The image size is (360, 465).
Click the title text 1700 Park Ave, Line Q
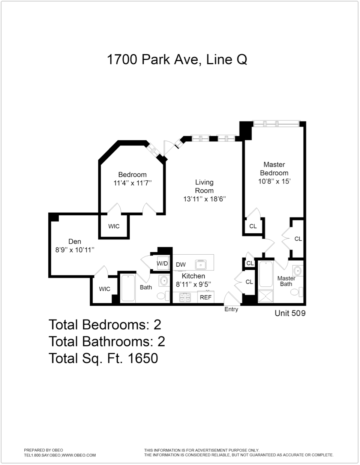pyautogui.click(x=177, y=60)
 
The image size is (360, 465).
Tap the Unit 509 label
pyautogui.click(x=290, y=313)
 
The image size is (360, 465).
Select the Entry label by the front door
pyautogui.click(x=231, y=309)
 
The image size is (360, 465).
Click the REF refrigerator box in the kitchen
pyautogui.click(x=205, y=297)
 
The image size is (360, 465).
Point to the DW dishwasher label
pyautogui.click(x=181, y=264)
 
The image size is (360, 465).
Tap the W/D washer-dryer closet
pyautogui.click(x=162, y=263)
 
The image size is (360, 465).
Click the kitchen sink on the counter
pyautogui.click(x=201, y=264)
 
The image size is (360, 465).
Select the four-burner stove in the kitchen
pyautogui.click(x=184, y=297)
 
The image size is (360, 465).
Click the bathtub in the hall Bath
pyautogui.click(x=128, y=288)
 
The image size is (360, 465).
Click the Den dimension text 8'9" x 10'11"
pyautogui.click(x=75, y=250)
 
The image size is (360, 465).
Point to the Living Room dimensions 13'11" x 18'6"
pyautogui.click(x=204, y=199)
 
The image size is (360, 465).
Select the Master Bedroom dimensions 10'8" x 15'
pyautogui.click(x=274, y=181)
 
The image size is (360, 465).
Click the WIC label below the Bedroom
pyautogui.click(x=114, y=226)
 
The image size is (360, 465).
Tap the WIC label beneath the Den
pyautogui.click(x=105, y=289)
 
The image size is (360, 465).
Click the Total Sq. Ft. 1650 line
pyautogui.click(x=103, y=358)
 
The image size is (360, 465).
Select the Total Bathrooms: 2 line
pyautogui.click(x=107, y=341)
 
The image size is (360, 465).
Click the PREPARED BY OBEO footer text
pyautogui.click(x=43, y=450)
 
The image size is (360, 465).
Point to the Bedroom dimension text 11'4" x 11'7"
pyautogui.click(x=132, y=183)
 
